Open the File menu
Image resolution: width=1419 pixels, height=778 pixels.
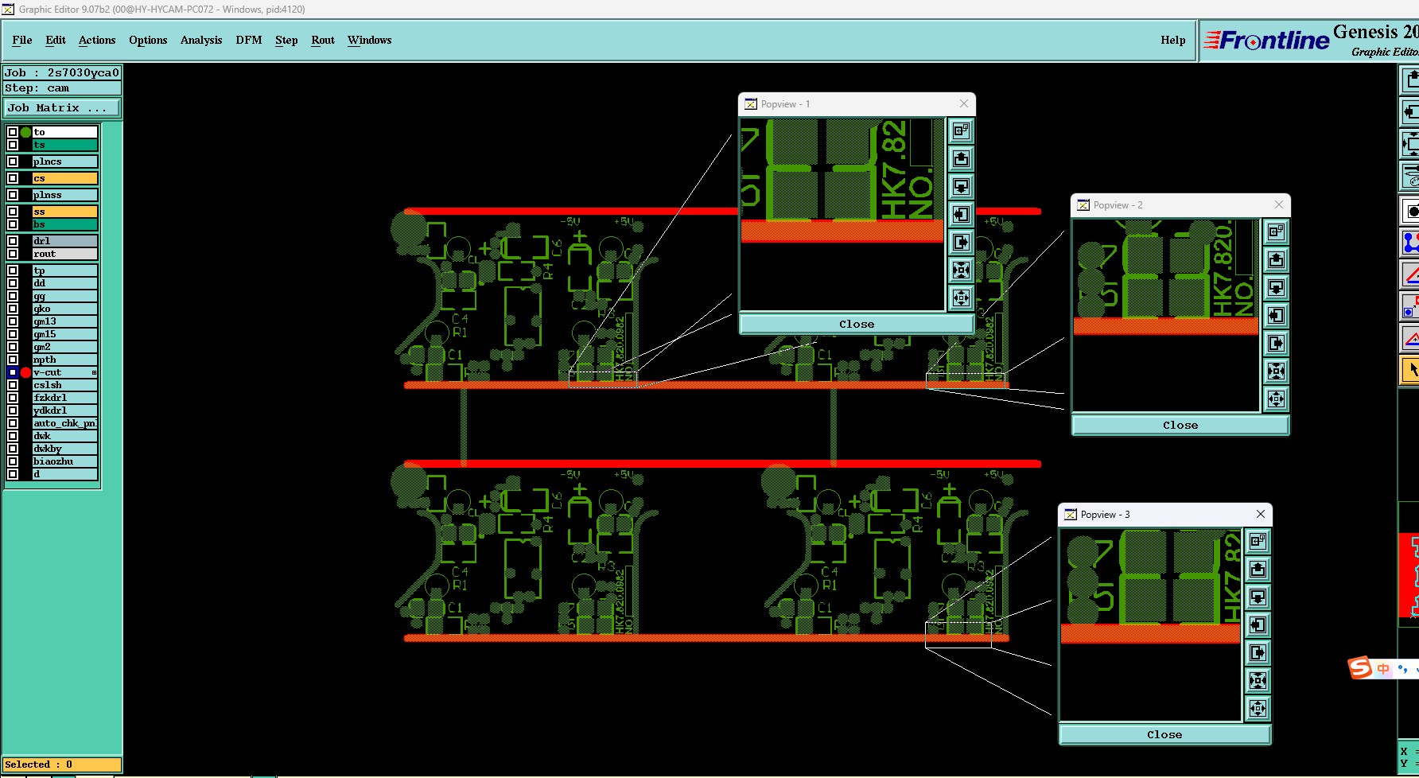pos(21,40)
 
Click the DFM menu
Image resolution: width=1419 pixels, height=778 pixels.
pos(248,40)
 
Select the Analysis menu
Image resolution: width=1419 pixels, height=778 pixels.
pos(200,40)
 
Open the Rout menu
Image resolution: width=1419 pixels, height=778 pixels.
pos(322,40)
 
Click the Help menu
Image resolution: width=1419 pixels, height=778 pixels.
pos(1172,40)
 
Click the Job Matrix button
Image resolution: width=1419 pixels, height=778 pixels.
pos(62,107)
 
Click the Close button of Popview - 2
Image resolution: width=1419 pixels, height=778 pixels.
pos(1180,426)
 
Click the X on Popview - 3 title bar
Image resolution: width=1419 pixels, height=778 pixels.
pos(1261,514)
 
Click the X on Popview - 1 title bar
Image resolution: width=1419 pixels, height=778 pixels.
pos(964,103)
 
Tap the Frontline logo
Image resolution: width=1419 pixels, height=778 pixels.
pos(1266,40)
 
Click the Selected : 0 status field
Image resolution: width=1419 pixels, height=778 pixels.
pos(62,764)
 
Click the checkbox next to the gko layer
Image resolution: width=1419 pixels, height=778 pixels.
pos(13,309)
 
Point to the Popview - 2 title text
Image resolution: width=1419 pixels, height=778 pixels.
pos(1118,205)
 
